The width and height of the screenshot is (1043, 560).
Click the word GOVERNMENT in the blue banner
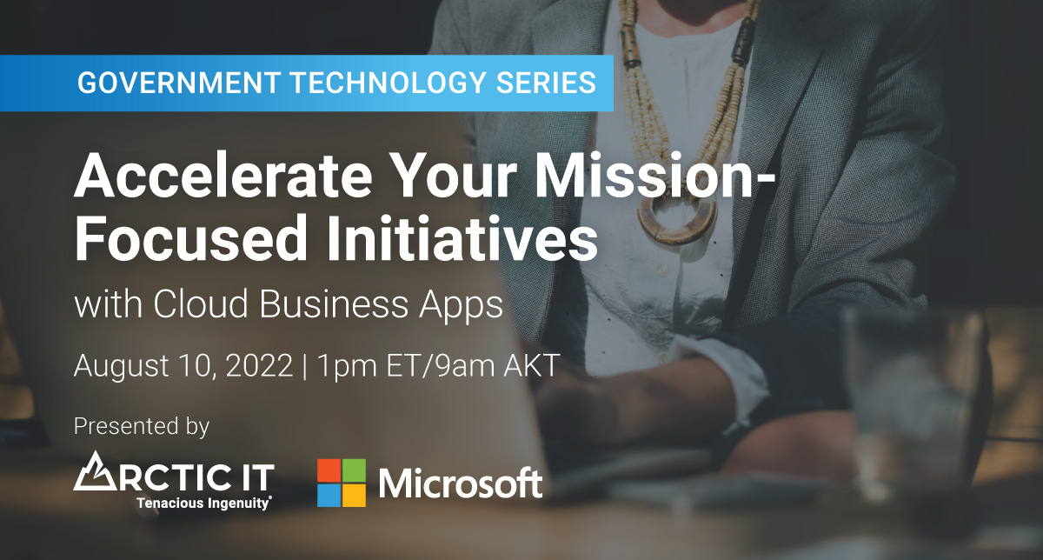click(x=178, y=83)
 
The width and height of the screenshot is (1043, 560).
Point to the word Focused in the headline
click(x=191, y=238)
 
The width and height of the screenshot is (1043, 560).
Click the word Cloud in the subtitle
click(x=201, y=303)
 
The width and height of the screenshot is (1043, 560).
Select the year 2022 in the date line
click(x=259, y=365)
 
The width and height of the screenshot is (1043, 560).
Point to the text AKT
click(x=532, y=365)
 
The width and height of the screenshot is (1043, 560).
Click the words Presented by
click(x=142, y=426)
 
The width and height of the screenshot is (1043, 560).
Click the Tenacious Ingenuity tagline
click(x=204, y=503)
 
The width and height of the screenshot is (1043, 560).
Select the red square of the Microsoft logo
click(x=329, y=470)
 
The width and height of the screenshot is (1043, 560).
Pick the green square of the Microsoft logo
click(x=354, y=470)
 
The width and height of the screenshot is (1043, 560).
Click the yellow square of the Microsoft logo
click(x=354, y=496)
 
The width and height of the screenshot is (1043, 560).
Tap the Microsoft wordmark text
click(x=461, y=483)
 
